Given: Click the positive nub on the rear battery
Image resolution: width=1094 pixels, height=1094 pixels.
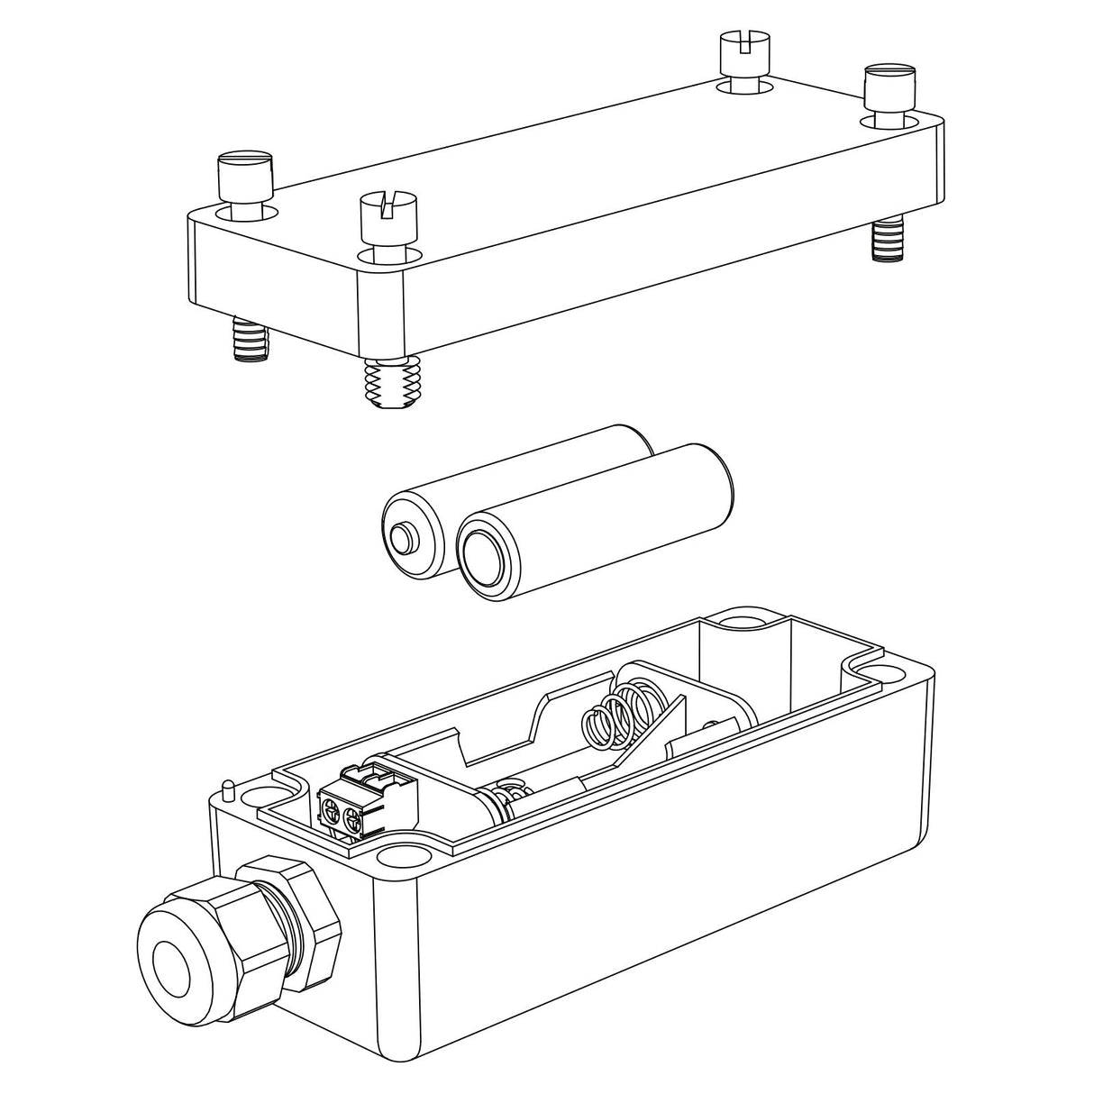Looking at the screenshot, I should coord(403,541).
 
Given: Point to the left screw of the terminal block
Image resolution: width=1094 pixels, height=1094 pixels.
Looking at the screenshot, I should coord(332,816).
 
